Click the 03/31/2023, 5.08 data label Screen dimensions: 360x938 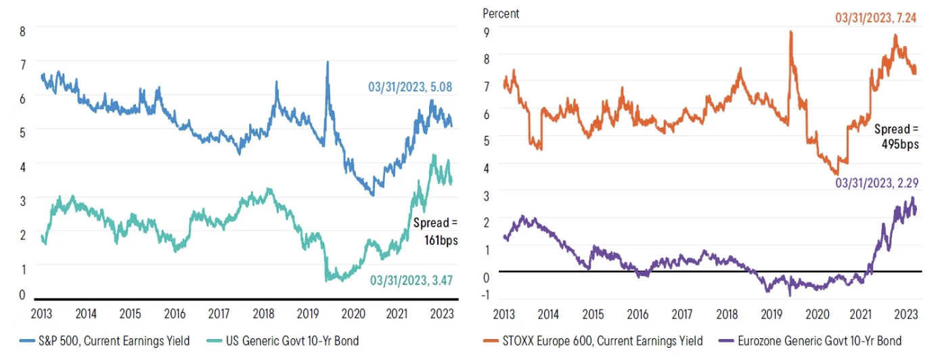(410, 87)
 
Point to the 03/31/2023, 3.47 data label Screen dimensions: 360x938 (411, 280)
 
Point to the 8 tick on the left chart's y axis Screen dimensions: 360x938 (23, 31)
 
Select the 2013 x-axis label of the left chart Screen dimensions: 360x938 (41, 314)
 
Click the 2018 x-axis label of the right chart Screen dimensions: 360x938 (727, 314)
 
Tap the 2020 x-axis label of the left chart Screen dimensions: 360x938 (352, 314)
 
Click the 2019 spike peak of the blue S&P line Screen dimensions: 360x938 (328, 62)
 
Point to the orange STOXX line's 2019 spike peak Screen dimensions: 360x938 (790, 31)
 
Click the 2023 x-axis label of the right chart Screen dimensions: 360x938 (906, 314)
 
